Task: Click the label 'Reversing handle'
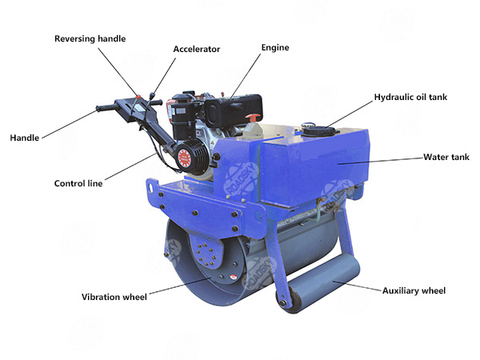[x=90, y=38]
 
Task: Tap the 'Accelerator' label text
[x=197, y=49]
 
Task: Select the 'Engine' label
[x=274, y=48]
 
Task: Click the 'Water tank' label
[x=446, y=158]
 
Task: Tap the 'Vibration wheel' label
[x=114, y=298]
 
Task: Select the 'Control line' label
[x=78, y=183]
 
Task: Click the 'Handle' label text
[x=24, y=138]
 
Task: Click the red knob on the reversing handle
[x=139, y=98]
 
